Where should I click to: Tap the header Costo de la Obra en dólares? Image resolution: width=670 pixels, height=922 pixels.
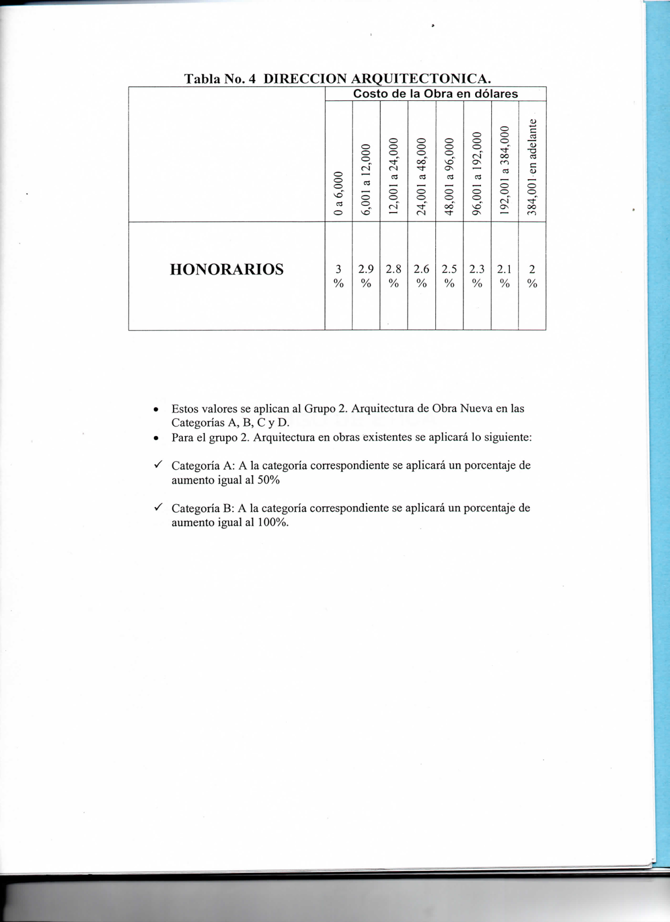435,94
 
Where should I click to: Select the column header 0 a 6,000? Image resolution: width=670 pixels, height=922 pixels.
339,194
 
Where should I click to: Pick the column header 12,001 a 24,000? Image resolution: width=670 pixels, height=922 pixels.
394,176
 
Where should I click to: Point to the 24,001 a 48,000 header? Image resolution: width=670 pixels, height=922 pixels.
421,176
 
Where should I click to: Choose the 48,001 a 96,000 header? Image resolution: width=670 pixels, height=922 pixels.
449,176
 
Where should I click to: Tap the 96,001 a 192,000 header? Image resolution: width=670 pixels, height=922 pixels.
477,173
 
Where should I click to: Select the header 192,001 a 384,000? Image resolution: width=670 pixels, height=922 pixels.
505,170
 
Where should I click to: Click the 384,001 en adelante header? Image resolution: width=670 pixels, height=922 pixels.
532,168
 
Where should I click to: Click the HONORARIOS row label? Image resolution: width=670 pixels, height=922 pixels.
227,270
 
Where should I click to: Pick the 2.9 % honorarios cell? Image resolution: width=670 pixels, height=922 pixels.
366,276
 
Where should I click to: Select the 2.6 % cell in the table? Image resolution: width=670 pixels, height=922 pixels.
421,276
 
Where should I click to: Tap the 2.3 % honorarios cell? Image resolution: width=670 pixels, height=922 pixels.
477,276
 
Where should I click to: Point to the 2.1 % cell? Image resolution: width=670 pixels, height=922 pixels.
505,276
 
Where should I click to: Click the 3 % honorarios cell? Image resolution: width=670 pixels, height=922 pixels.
338,276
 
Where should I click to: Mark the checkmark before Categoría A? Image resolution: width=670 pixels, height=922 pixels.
158,464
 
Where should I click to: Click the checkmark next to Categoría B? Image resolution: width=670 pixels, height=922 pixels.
158,507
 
